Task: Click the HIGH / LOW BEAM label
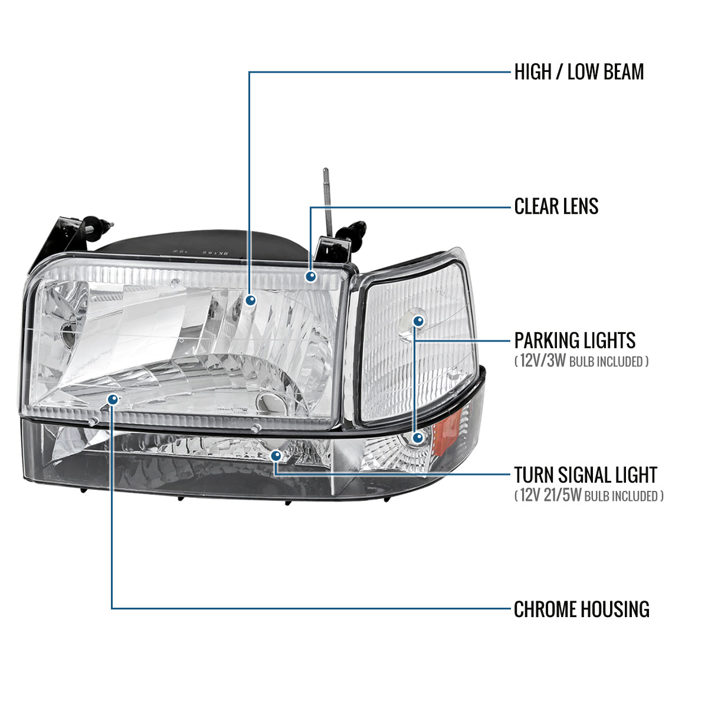point(579,72)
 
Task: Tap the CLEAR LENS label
point(556,206)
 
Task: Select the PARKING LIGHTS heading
point(575,340)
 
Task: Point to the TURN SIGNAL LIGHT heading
point(585,474)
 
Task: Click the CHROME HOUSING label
point(581,609)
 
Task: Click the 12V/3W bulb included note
point(581,361)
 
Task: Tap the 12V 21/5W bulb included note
point(589,496)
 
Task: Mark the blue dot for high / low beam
point(251,300)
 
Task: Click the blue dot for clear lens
point(311,276)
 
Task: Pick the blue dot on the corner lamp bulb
point(418,322)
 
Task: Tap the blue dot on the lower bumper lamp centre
point(276,455)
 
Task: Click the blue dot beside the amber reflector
point(418,437)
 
